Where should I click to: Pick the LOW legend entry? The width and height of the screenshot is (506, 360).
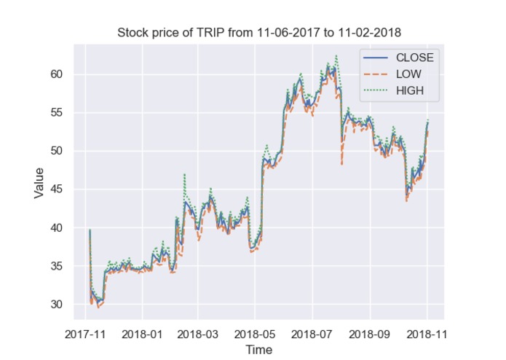pyautogui.click(x=408, y=74)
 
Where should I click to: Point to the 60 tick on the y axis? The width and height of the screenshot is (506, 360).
pyautogui.click(x=58, y=74)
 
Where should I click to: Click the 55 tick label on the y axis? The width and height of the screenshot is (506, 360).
pyautogui.click(x=58, y=113)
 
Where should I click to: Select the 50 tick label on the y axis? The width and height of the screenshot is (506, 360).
pyautogui.click(x=58, y=151)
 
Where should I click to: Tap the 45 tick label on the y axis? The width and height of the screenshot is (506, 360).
pyautogui.click(x=58, y=189)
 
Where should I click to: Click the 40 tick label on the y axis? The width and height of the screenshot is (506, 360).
pyautogui.click(x=58, y=228)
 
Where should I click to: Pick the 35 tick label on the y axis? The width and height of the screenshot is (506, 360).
pyautogui.click(x=58, y=266)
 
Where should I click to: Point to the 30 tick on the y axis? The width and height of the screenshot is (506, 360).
pyautogui.click(x=58, y=305)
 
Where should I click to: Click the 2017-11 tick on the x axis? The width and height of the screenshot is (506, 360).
pyautogui.click(x=85, y=334)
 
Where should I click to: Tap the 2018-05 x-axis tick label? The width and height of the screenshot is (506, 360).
pyautogui.click(x=255, y=334)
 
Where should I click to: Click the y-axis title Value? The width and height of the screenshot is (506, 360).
pyautogui.click(x=39, y=182)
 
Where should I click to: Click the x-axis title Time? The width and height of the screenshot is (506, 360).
pyautogui.click(x=258, y=350)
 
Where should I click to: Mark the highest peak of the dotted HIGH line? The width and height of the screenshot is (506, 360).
pyautogui.click(x=336, y=55)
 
